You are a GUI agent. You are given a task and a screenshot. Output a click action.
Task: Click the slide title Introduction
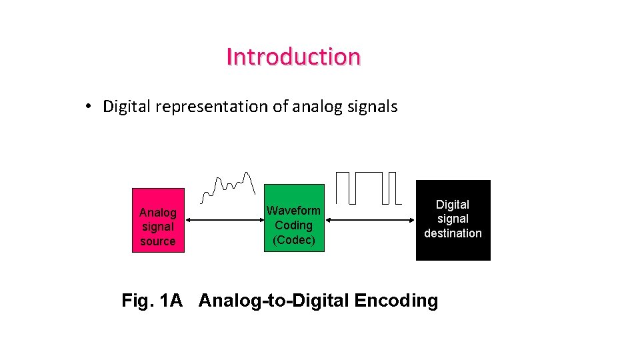click(x=293, y=57)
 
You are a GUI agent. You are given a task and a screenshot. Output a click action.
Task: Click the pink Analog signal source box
click(x=158, y=220)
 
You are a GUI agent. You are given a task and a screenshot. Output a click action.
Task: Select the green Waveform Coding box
click(x=294, y=219)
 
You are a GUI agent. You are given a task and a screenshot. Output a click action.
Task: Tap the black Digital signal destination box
click(x=453, y=220)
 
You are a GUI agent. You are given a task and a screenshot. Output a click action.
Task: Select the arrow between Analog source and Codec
click(x=225, y=219)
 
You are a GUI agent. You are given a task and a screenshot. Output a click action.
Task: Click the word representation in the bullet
click(x=211, y=107)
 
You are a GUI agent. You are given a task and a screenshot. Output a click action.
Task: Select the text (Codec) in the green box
click(x=294, y=240)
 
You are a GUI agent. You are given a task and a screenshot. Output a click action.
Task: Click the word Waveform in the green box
click(x=294, y=211)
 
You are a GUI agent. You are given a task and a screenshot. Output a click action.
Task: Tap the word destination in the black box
click(x=453, y=233)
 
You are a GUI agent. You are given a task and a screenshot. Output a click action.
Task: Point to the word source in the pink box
click(x=158, y=241)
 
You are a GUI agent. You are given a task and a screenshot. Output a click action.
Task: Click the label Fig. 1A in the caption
click(x=152, y=301)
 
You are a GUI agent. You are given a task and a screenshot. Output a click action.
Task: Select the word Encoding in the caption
click(x=396, y=301)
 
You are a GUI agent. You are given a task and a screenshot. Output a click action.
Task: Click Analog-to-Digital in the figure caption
click(x=274, y=301)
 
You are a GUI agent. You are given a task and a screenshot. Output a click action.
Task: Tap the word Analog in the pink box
click(x=158, y=213)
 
